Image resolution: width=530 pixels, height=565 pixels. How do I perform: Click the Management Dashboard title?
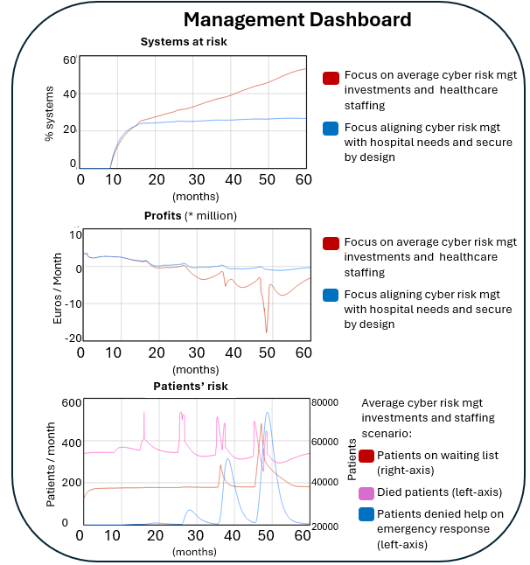(296, 19)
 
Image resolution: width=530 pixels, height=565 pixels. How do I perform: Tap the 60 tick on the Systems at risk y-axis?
(69, 59)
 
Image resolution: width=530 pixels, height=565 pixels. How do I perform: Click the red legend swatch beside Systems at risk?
(331, 78)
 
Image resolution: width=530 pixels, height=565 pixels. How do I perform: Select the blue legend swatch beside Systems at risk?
(331, 129)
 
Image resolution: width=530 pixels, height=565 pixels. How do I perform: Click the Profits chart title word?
(162, 214)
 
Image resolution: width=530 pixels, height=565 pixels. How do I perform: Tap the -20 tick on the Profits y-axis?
(66, 338)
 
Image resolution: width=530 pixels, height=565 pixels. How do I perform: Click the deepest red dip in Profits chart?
(267, 332)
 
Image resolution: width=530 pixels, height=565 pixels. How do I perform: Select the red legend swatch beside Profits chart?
(331, 243)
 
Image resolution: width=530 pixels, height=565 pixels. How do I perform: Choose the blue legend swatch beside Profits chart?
(331, 294)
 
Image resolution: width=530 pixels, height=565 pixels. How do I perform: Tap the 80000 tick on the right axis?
(325, 403)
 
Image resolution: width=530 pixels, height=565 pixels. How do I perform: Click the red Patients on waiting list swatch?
(366, 456)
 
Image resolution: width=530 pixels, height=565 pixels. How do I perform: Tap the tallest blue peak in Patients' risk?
(267, 412)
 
